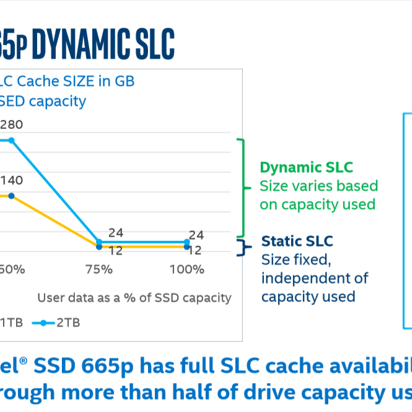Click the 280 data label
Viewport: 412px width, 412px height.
[x=11, y=125]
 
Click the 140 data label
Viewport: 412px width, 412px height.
[x=11, y=180]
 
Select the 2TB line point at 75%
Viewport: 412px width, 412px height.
[x=99, y=242]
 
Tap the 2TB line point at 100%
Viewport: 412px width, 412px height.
[x=187, y=242]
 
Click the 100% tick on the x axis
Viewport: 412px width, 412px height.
[x=187, y=270]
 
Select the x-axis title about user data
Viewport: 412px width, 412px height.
[x=134, y=297]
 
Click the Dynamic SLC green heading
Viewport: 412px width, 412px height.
[x=306, y=168]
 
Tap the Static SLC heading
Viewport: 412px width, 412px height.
[x=297, y=241]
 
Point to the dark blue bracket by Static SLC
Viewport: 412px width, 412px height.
[x=243, y=247]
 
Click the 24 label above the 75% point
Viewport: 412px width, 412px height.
[x=116, y=233]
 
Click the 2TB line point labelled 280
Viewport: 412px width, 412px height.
[x=11, y=140]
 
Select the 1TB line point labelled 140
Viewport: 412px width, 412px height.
[x=11, y=196]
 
